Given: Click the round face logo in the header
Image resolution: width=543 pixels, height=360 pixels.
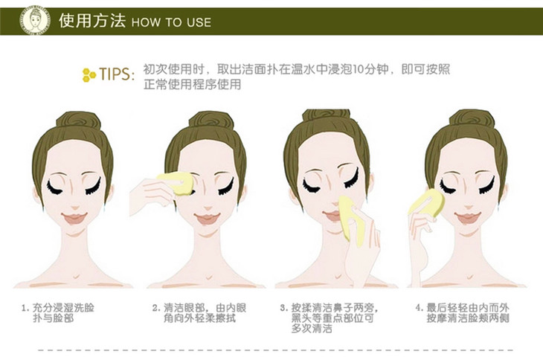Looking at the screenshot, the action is point(35,21).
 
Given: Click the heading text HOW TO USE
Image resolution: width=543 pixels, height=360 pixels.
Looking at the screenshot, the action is point(171,22).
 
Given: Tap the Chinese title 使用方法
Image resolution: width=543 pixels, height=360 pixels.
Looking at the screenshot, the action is point(91,20).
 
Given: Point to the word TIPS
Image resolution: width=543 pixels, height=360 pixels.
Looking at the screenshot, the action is point(115,74).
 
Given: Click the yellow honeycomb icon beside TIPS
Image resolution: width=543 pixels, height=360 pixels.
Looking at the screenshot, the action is point(89,75).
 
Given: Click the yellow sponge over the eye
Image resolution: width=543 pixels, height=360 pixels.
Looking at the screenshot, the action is point(176,183).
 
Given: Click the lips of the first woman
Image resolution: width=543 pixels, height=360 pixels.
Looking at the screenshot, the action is point(74,218).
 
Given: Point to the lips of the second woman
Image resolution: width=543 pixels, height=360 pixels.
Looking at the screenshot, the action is point(207,218).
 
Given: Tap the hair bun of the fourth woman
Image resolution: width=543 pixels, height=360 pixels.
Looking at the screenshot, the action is point(472,120).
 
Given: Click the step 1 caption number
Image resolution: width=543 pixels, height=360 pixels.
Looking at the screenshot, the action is point(25,308).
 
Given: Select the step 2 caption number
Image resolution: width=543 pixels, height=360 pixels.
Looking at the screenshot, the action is point(156,308).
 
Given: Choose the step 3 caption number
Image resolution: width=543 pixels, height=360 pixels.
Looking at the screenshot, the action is point(284,308).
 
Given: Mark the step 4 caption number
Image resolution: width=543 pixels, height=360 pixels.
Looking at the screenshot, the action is point(420,308).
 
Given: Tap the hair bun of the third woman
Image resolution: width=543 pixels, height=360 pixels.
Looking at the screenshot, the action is point(327,116).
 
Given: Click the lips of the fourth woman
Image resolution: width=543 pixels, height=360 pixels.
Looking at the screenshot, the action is point(468,218).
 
